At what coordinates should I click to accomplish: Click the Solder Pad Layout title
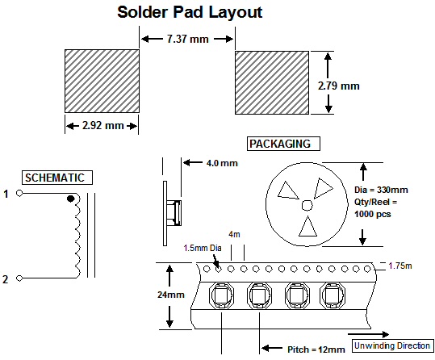click(190, 12)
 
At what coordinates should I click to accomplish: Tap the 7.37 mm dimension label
click(188, 39)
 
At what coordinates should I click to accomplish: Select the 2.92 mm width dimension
click(103, 126)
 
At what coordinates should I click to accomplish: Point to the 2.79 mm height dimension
click(339, 86)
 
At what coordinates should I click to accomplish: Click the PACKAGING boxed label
click(283, 144)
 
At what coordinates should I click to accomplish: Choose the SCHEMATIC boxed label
click(57, 178)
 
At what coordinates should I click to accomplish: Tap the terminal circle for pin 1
click(19, 193)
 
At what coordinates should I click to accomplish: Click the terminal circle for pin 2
click(19, 278)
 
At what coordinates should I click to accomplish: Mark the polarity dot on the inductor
click(71, 199)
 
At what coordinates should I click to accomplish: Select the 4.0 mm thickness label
click(222, 163)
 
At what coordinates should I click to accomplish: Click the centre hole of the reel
click(307, 205)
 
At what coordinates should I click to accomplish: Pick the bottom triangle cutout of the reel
click(307, 227)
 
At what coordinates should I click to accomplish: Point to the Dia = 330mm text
click(381, 190)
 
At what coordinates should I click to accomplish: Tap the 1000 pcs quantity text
click(372, 214)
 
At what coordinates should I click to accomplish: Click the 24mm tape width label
click(171, 295)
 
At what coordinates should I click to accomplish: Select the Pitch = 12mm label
click(316, 350)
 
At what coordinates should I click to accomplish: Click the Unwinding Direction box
click(392, 345)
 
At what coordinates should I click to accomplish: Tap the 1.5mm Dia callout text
click(203, 248)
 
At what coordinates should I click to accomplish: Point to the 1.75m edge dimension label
click(400, 266)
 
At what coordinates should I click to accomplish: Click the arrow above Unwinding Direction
click(368, 334)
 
